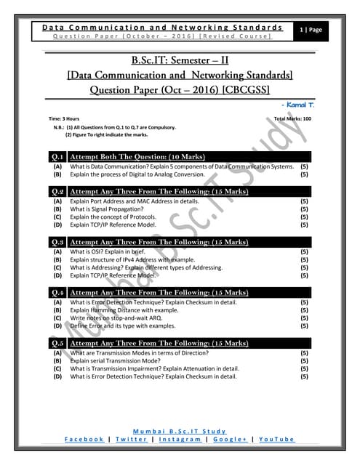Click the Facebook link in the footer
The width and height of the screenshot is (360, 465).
pos(84,439)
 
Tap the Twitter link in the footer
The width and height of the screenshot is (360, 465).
pos(132,439)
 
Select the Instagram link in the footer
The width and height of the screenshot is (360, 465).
pos(180,439)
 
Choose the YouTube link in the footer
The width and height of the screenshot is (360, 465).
pos(276,439)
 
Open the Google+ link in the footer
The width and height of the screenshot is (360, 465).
pos(231,439)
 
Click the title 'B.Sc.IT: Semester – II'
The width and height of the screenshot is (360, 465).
pos(180,60)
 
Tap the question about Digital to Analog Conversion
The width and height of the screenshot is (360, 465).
pos(137,174)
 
